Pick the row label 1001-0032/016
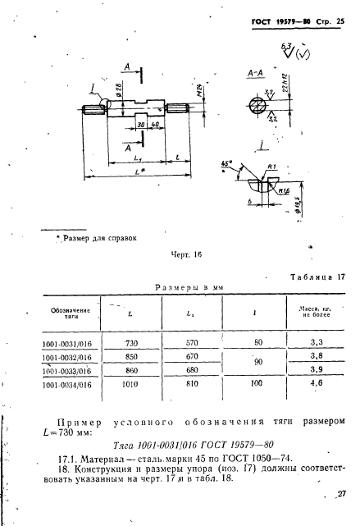[67, 357]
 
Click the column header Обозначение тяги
[66, 311]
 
